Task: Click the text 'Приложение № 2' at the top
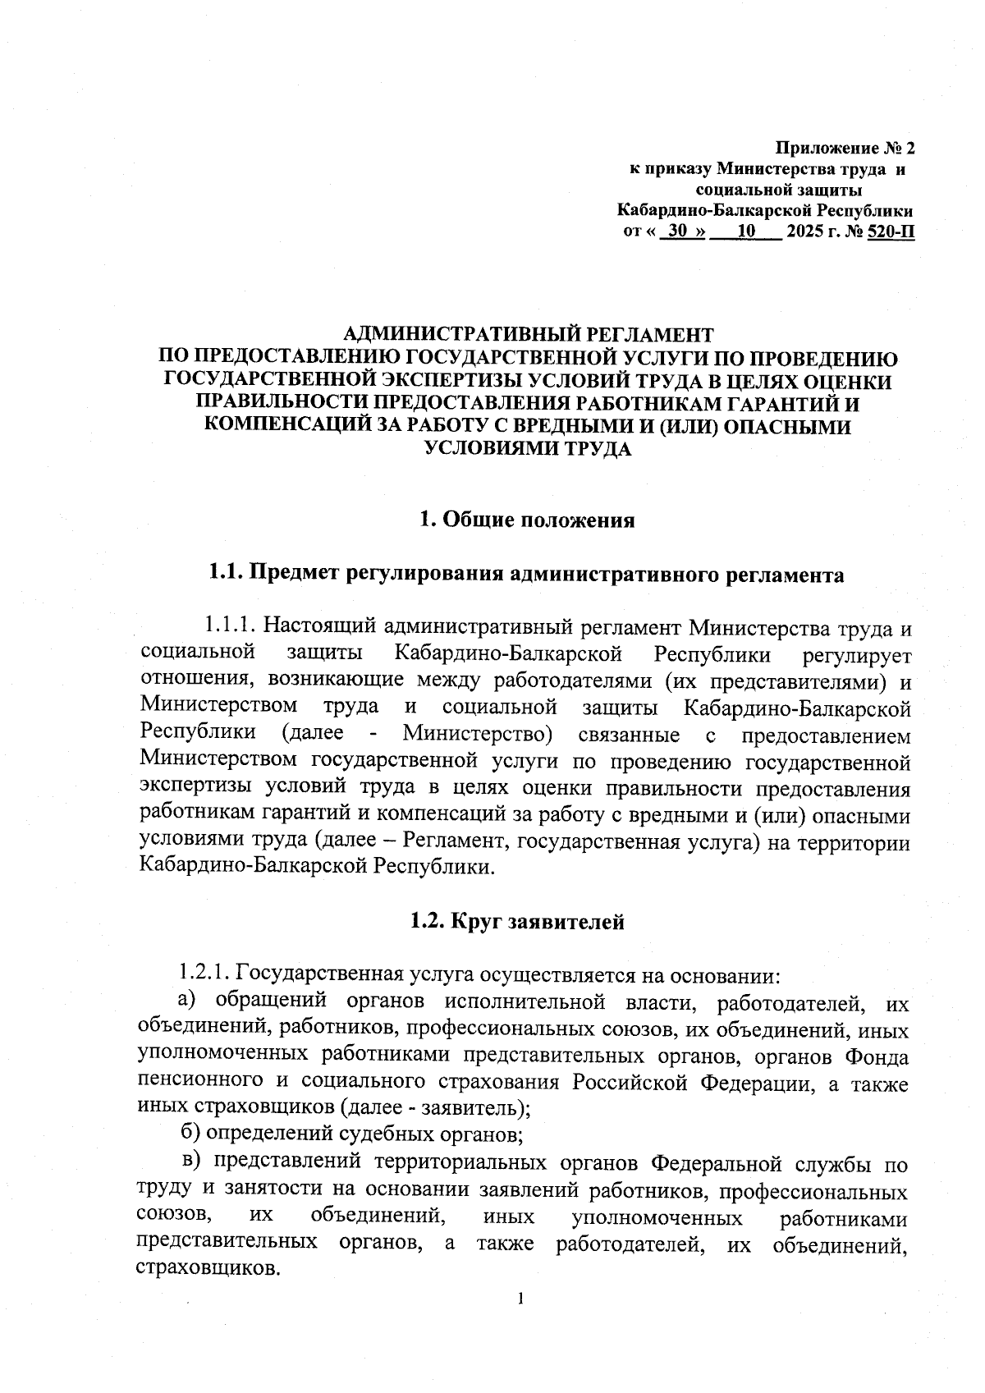pyautogui.click(x=845, y=149)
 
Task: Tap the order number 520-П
pyautogui.click(x=890, y=232)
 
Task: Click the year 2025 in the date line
pyautogui.click(x=804, y=232)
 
